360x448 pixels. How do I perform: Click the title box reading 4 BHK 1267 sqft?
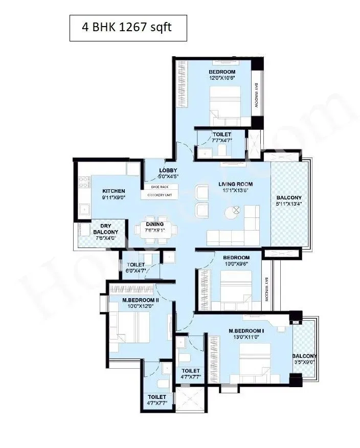tap(128, 28)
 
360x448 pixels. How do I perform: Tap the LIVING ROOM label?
tap(236, 184)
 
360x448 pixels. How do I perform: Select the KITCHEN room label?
tap(114, 191)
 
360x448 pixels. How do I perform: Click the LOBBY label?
tap(167, 170)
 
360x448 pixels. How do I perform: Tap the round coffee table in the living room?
tap(236, 209)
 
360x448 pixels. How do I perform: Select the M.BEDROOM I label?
tap(246, 331)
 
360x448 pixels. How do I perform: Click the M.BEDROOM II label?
tap(140, 300)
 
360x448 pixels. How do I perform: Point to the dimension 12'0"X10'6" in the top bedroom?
tap(222, 78)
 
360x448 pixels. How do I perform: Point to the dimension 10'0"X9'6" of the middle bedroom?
tap(236, 264)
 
